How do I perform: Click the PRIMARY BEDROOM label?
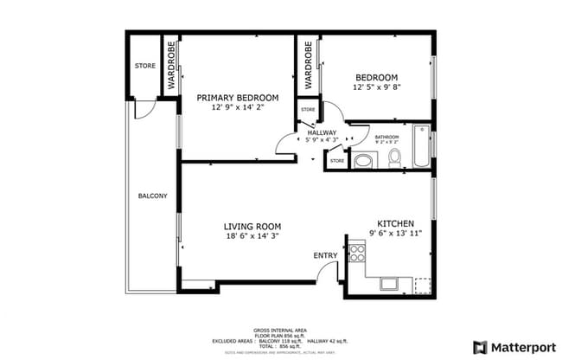tap(237, 98)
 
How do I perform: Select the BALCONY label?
tap(152, 196)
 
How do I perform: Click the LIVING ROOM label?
tap(253, 226)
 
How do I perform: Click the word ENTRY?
tap(325, 255)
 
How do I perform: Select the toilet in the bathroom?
tap(394, 157)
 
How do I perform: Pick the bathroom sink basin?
tap(364, 160)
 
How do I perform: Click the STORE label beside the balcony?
tap(144, 66)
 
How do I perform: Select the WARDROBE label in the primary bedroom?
tap(171, 66)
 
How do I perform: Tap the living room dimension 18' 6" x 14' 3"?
tap(253, 235)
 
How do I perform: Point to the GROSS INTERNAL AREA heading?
tap(281, 331)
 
